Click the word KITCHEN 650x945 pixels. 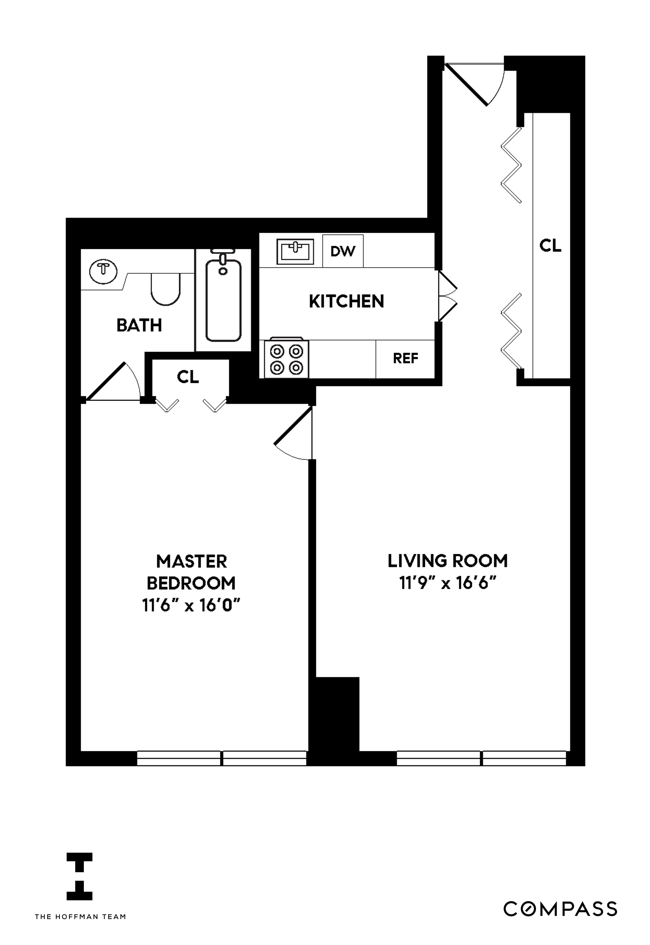[346, 302]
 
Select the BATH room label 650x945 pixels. [139, 325]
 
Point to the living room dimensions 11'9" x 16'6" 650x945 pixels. [448, 584]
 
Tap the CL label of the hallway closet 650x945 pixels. [550, 246]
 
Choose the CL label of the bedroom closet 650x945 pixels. [188, 377]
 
